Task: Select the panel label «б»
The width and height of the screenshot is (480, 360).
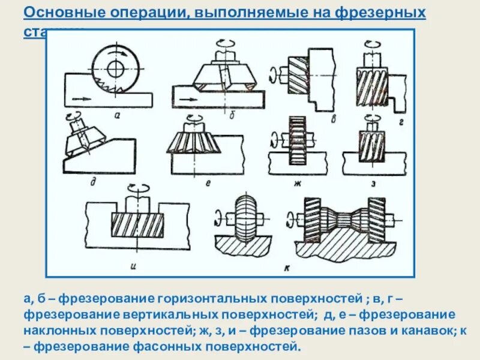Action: [232, 114]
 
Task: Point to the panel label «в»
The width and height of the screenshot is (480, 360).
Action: [333, 118]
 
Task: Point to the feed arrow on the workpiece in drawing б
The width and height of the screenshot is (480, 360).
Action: [189, 99]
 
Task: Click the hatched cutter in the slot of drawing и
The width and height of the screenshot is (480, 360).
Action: [137, 225]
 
